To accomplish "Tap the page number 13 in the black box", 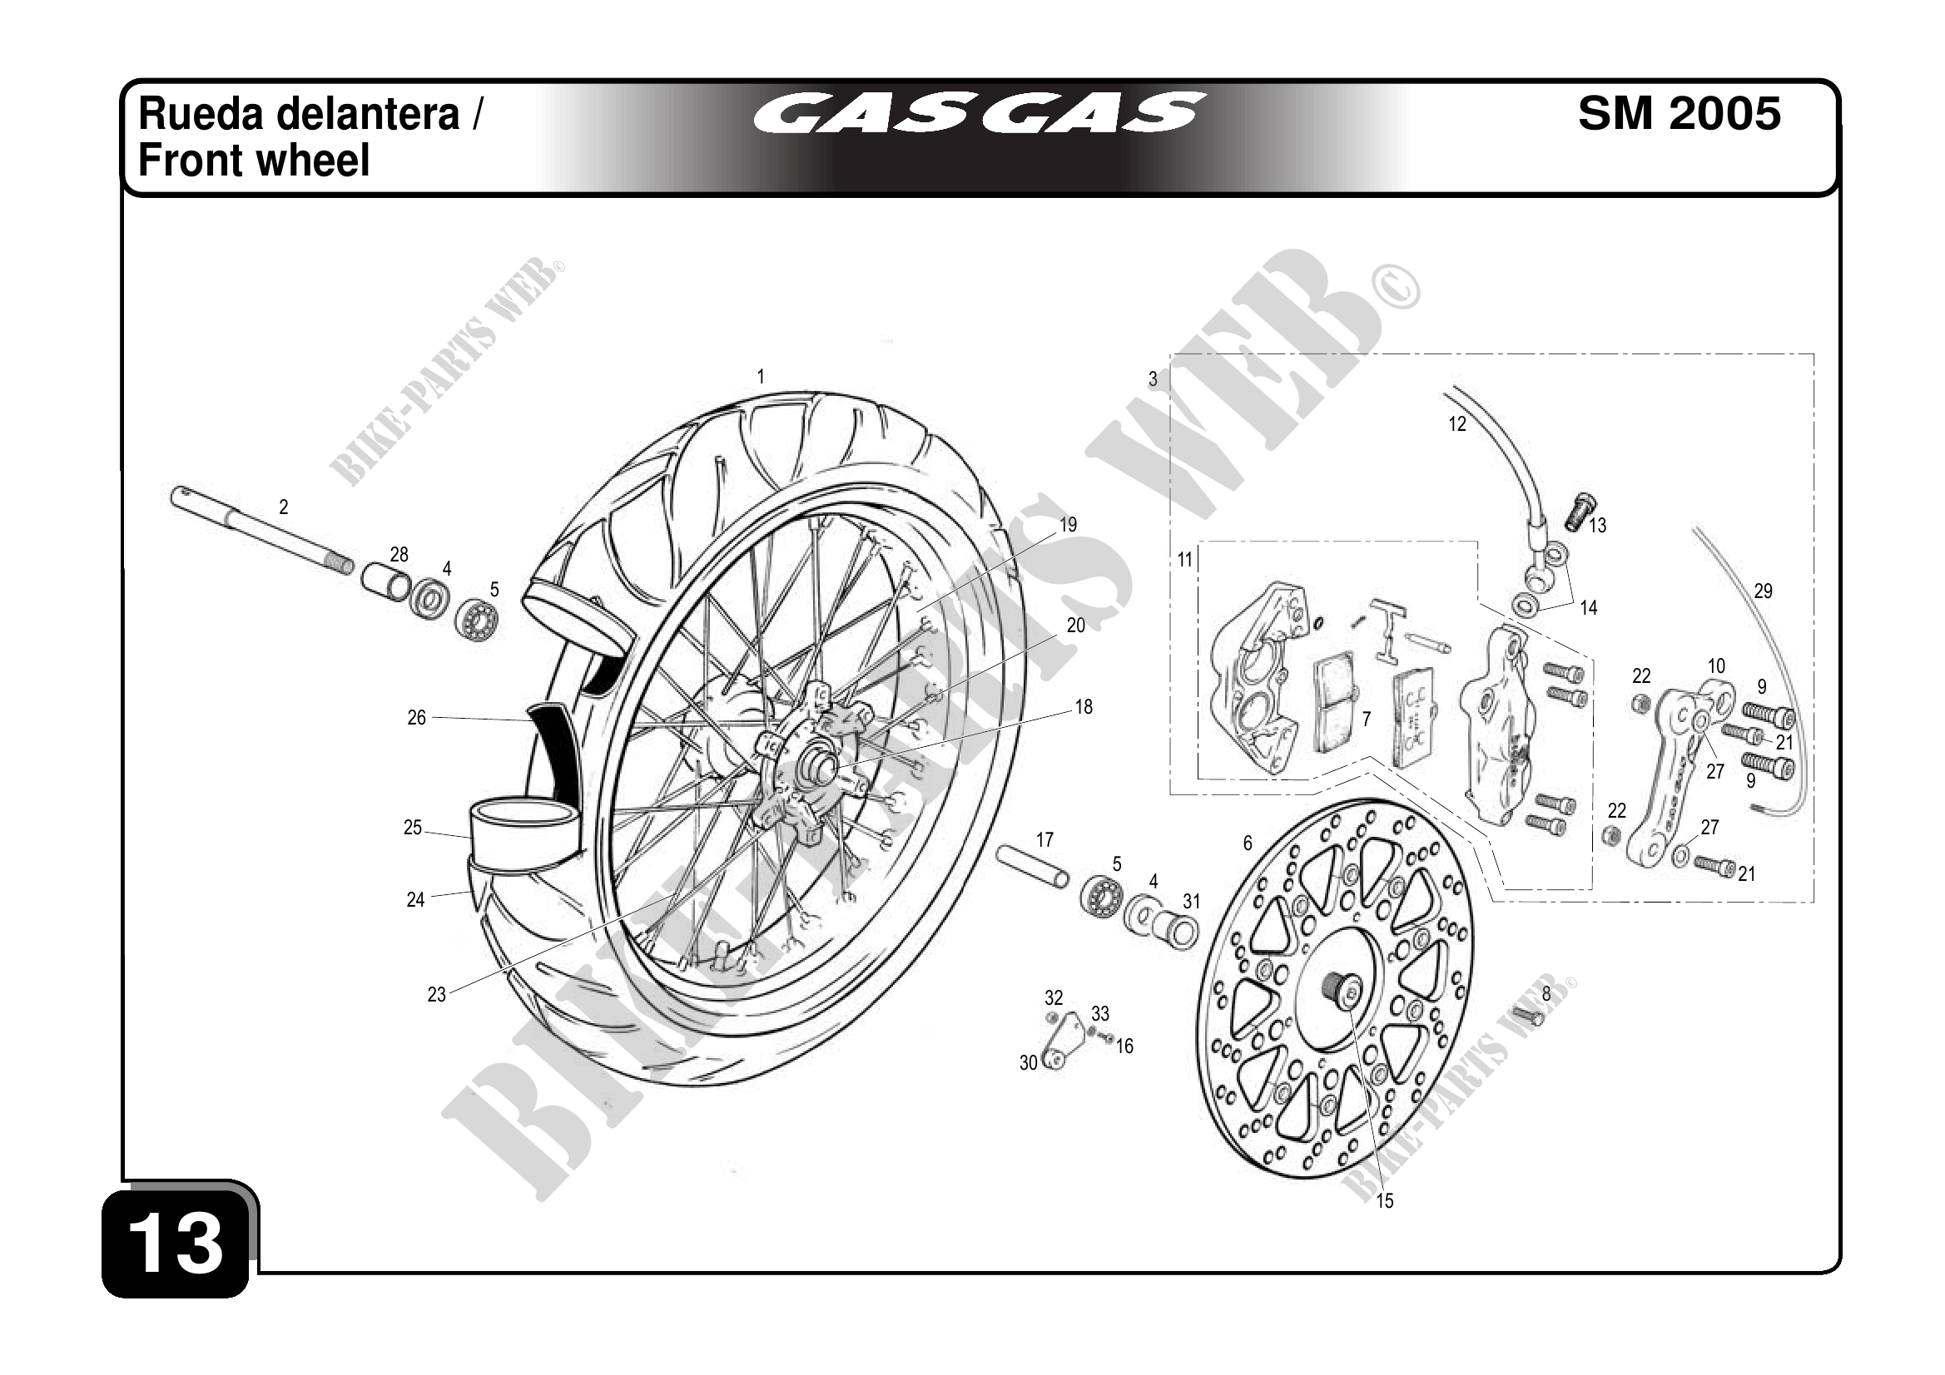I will click(176, 1244).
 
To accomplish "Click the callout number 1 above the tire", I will click(761, 377).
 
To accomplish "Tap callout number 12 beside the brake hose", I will click(1456, 424).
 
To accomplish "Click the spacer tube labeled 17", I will click(1033, 866).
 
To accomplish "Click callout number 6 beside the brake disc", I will click(1247, 843).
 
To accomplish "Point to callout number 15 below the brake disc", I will click(1384, 1200).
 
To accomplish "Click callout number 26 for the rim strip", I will click(416, 718).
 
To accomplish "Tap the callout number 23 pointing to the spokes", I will click(436, 995).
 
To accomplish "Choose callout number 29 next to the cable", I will click(1763, 591).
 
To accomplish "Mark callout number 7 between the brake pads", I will click(1366, 719).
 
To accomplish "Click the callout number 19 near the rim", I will click(1069, 525).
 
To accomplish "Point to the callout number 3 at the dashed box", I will click(1152, 379).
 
